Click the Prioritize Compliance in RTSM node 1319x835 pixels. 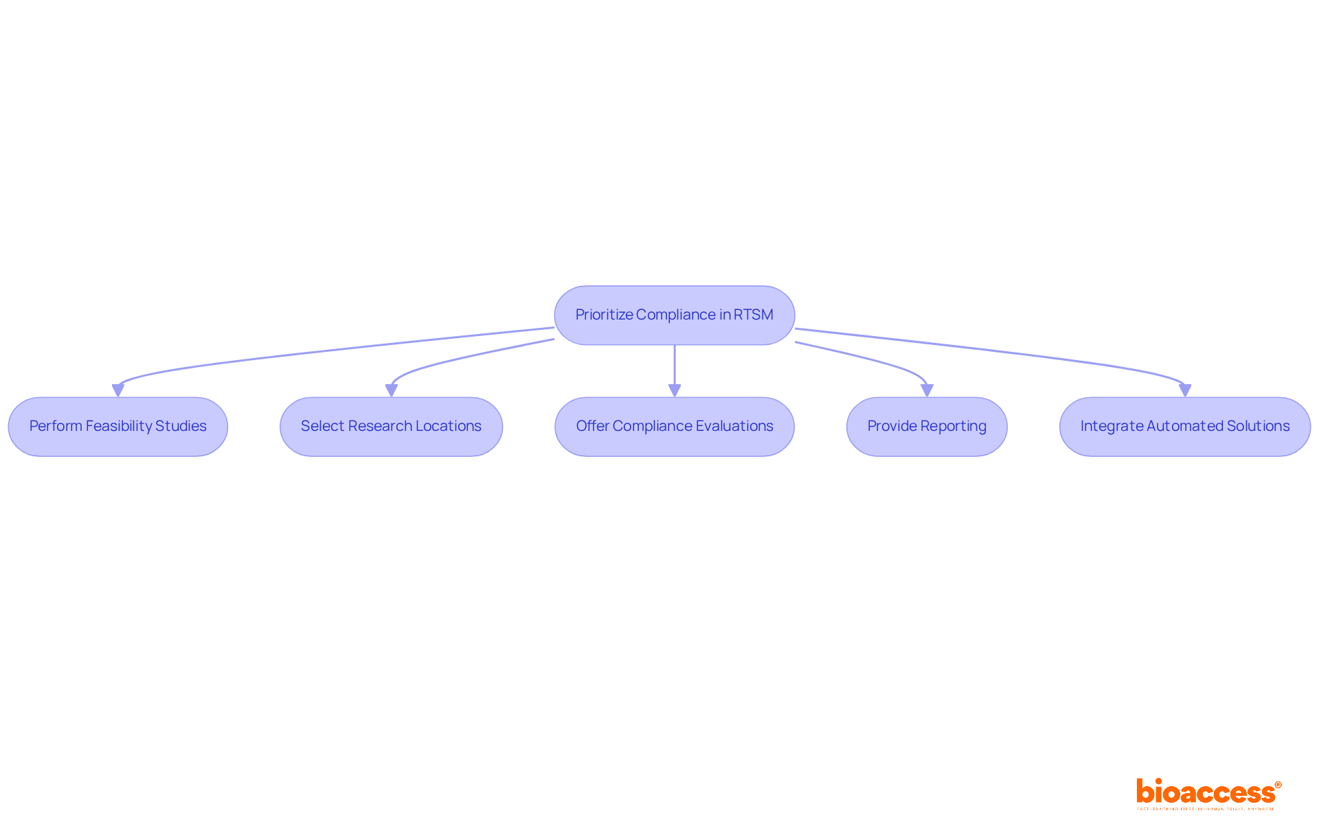tap(674, 315)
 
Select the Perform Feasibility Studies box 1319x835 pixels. tap(117, 426)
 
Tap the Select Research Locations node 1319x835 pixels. tap(391, 426)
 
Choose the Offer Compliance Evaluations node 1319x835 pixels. tap(674, 426)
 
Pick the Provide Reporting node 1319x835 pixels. tap(926, 426)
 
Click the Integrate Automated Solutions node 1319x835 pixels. tap(1184, 426)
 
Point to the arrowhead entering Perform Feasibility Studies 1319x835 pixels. tap(118, 390)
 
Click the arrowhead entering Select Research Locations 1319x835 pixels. tap(392, 390)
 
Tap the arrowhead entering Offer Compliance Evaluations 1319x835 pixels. tap(675, 390)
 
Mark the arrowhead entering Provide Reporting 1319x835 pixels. tap(927, 390)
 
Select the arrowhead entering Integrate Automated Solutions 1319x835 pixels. tap(1185, 390)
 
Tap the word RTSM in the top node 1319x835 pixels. tap(753, 315)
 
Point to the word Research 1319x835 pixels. tap(380, 426)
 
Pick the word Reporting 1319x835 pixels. tap(954, 426)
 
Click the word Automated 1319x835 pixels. tap(1184, 426)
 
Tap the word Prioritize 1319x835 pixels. tap(604, 315)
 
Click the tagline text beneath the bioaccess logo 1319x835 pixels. tap(1206, 809)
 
